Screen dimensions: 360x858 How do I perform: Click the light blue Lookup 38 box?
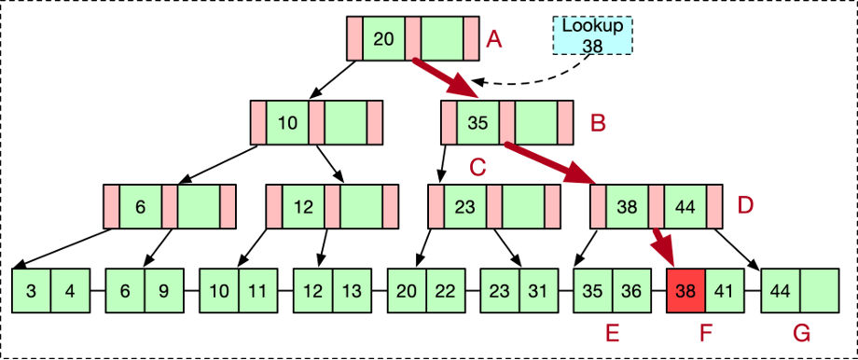[x=591, y=35]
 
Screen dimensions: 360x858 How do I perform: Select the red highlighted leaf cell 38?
[x=685, y=290]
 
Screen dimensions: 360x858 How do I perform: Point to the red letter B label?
[x=599, y=122]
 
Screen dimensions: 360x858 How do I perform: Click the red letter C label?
[x=478, y=168]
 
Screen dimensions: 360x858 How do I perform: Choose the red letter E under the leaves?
[x=612, y=333]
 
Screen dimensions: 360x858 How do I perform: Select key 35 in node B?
[x=477, y=122]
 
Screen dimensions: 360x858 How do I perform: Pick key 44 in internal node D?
[x=685, y=207]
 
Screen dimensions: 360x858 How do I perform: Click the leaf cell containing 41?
[x=725, y=290]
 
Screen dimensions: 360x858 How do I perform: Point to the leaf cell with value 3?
[x=32, y=290]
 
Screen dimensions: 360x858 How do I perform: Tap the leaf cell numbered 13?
[x=351, y=290]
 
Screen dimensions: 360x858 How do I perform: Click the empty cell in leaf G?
[x=818, y=290]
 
